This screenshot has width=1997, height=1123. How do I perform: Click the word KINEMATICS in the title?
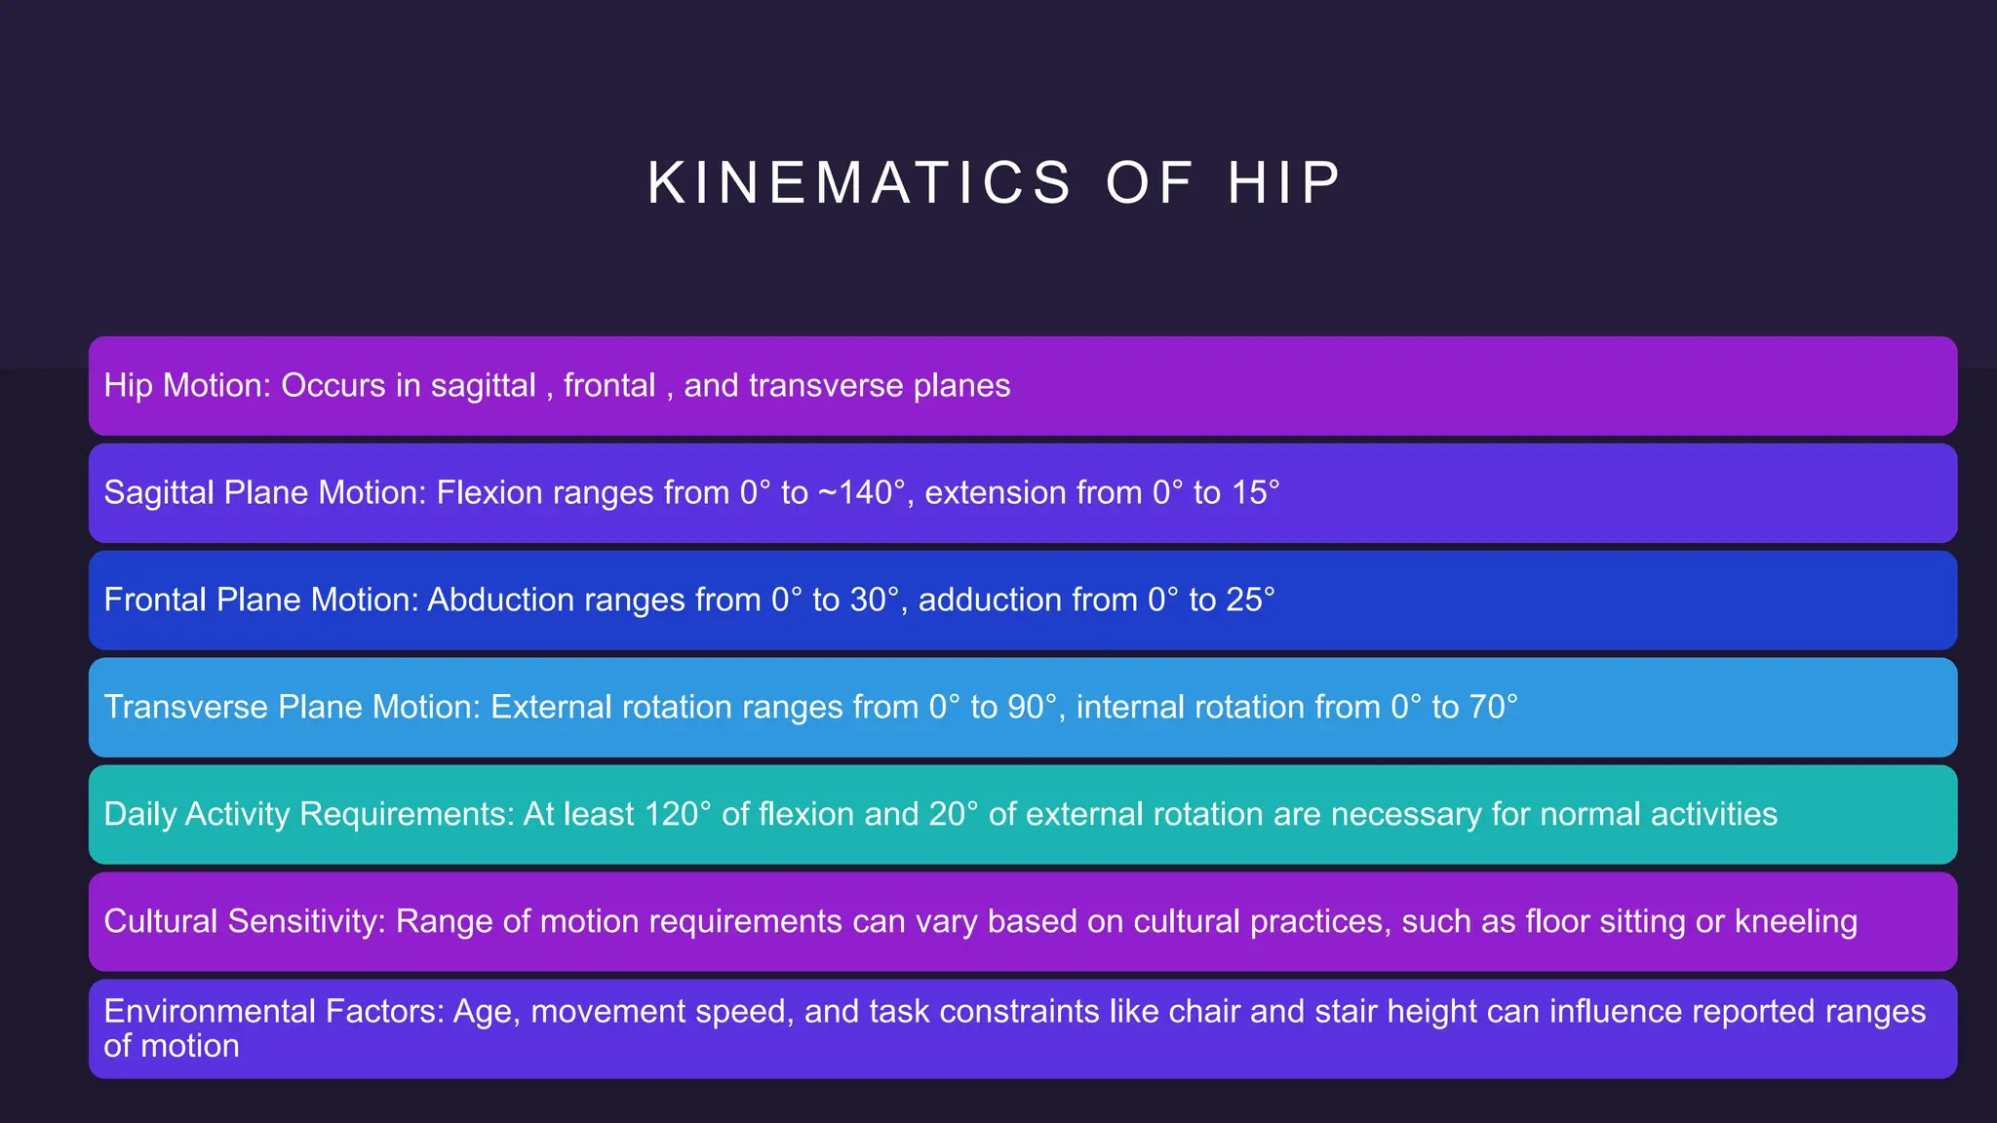pos(859,183)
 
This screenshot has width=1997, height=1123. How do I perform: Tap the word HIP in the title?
pos(1284,183)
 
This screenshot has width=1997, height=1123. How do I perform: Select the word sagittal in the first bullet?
pos(484,386)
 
